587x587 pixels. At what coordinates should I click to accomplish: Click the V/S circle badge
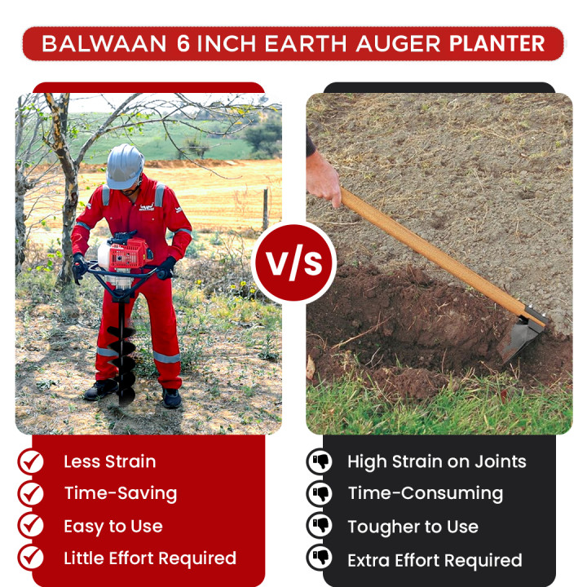[x=293, y=263]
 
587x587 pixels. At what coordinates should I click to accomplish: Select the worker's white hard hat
[x=125, y=166]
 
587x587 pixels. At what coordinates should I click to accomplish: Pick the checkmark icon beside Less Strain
[x=31, y=461]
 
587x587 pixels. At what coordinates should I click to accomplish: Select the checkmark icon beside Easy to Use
[x=31, y=526]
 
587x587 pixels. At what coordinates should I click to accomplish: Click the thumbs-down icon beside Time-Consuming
[x=320, y=494]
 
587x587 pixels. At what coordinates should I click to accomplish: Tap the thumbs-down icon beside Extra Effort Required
[x=320, y=559]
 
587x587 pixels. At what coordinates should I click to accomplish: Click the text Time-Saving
[x=120, y=493]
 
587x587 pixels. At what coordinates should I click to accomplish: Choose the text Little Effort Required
[x=150, y=558]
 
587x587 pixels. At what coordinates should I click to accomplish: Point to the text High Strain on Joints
[x=436, y=461]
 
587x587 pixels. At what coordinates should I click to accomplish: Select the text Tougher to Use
[x=413, y=527]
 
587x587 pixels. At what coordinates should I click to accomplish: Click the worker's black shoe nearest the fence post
[x=171, y=398]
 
